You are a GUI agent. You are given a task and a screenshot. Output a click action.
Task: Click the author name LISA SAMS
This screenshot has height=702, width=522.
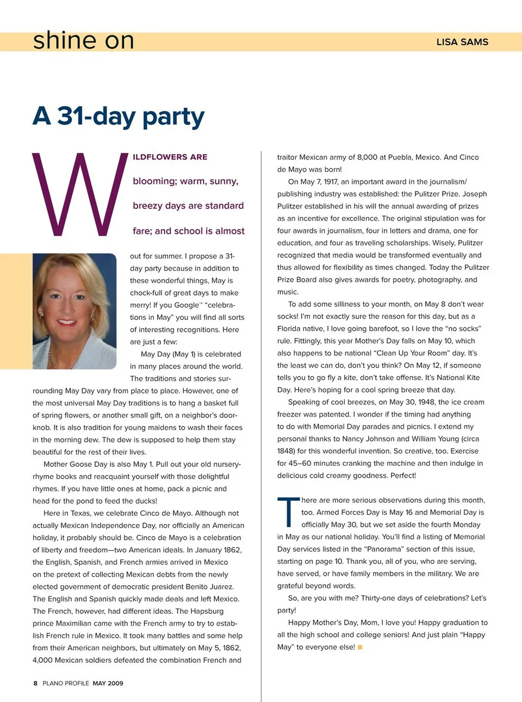(x=462, y=42)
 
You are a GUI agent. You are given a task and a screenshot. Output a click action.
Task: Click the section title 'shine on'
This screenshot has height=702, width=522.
(x=83, y=41)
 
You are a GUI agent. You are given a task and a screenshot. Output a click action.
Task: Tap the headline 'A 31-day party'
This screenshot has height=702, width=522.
(x=119, y=116)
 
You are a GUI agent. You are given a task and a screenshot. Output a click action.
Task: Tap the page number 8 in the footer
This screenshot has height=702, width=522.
(x=35, y=683)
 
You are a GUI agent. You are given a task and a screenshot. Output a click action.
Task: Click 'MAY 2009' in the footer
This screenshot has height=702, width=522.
(x=108, y=683)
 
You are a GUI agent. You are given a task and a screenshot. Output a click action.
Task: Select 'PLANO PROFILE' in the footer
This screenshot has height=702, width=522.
(x=66, y=683)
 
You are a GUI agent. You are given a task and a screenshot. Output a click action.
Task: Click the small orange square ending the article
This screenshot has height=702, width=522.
(x=360, y=647)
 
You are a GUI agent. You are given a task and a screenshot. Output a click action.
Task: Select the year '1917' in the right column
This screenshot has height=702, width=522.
(x=331, y=182)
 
